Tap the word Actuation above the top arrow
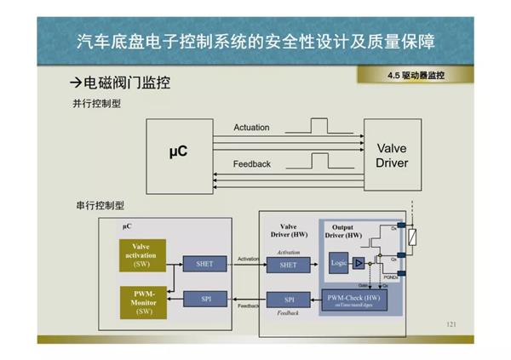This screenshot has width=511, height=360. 251,128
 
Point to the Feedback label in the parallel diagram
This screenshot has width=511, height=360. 251,163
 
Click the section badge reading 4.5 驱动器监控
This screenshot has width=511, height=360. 416,76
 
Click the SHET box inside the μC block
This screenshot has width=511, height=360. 204,264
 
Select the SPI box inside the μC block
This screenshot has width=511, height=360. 204,299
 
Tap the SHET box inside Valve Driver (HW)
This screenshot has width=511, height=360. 289,266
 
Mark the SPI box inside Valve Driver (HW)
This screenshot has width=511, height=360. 289,300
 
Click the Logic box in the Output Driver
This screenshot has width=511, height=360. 339,264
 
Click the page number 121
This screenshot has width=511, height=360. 451,325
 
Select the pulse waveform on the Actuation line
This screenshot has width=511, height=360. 319,127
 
